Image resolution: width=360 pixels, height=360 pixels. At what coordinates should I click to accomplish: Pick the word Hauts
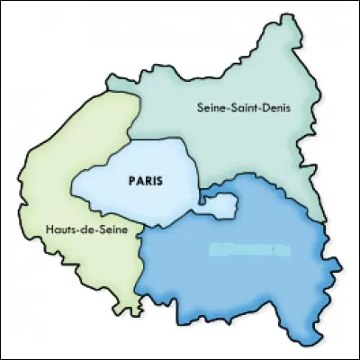pos(56,230)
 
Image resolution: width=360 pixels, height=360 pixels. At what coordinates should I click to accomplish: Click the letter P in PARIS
pos(122,180)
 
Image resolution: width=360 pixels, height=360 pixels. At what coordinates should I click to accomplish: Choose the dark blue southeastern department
pos(243,279)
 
